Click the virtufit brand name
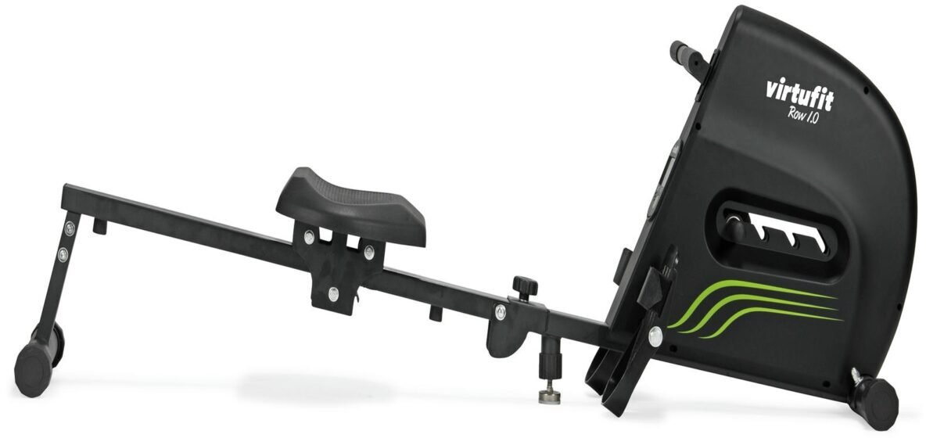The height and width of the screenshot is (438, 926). (x=799, y=95)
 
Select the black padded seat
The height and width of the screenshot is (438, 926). (x=351, y=206)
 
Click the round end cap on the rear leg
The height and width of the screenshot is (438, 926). (x=34, y=370)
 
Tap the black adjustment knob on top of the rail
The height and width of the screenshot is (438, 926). (x=525, y=288)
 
